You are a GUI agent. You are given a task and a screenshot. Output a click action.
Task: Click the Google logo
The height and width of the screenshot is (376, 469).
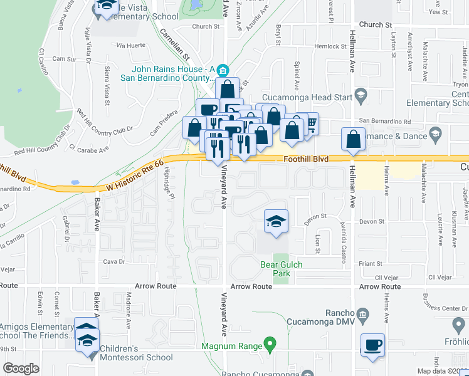(x=21, y=368)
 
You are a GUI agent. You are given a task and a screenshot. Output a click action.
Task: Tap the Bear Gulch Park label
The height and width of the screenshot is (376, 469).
(x=282, y=269)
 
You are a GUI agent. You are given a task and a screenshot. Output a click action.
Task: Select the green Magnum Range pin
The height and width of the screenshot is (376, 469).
(x=270, y=343)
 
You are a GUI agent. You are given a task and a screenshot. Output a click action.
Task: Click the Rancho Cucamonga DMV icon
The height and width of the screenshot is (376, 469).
(x=362, y=313)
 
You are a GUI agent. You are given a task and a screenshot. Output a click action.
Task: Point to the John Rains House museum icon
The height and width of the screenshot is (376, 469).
(x=224, y=70)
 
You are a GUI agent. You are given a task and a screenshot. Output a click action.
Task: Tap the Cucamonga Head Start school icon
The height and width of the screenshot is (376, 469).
(x=361, y=96)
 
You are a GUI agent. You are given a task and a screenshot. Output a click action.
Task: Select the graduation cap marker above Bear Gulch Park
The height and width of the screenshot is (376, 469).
(x=275, y=222)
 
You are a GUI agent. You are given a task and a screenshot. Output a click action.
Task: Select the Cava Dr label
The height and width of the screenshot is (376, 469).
(x=110, y=261)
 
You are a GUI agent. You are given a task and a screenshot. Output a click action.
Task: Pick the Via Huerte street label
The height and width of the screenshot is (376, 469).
(x=131, y=45)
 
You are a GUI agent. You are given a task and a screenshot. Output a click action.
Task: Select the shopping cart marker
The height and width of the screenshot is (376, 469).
(x=310, y=123)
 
